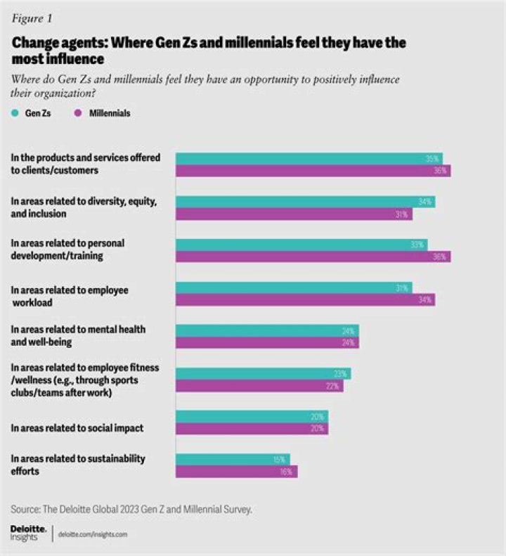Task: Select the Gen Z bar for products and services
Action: [309, 159]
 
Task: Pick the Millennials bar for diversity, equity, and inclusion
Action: [294, 214]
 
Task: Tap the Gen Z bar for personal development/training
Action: [301, 245]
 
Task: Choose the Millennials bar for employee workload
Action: [305, 300]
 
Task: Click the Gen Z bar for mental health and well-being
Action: [267, 330]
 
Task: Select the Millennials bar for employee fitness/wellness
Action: [259, 385]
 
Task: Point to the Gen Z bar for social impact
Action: [252, 416]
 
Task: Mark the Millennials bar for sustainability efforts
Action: [236, 471]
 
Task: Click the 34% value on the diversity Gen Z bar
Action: [424, 202]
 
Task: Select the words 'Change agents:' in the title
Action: [53, 43]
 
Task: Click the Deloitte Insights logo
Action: [29, 531]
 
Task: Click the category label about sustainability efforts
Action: [79, 465]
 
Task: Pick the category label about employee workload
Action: [70, 295]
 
